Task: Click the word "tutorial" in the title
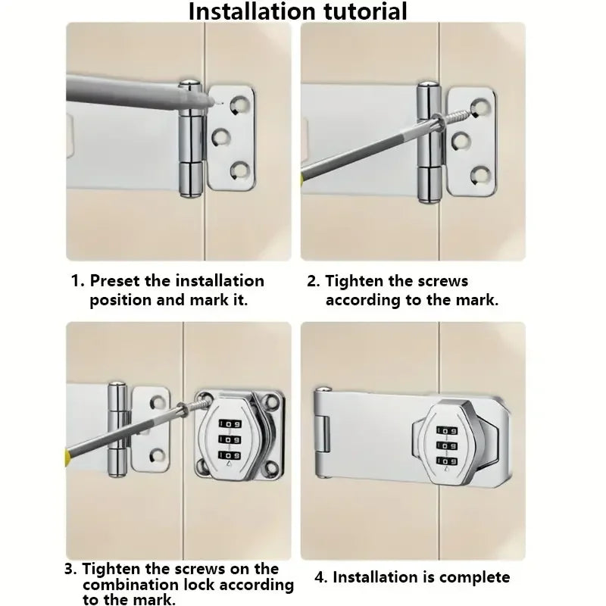pyautogui.click(x=365, y=11)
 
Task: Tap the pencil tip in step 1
pyautogui.click(x=211, y=102)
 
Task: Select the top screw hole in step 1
pyautogui.click(x=239, y=105)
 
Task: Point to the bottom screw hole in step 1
pyautogui.click(x=240, y=171)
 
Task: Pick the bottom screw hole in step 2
pyautogui.click(x=481, y=175)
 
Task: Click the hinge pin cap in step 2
pyautogui.click(x=429, y=84)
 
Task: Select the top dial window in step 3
pyautogui.click(x=230, y=424)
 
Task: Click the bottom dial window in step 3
pyautogui.click(x=230, y=455)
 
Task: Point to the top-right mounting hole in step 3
pyautogui.click(x=273, y=402)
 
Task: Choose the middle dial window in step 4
pyautogui.click(x=447, y=445)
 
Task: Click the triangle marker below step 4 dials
pyautogui.click(x=447, y=469)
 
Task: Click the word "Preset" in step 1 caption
pyautogui.click(x=115, y=281)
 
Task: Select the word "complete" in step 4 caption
pyautogui.click(x=475, y=578)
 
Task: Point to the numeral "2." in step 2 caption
pyautogui.click(x=314, y=281)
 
